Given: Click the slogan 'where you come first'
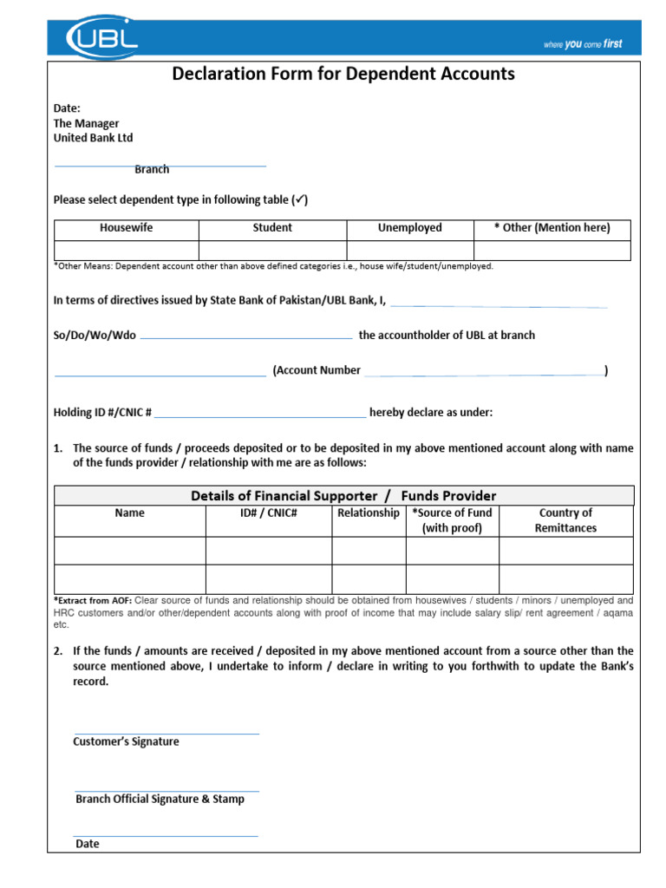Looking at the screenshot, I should click(582, 44).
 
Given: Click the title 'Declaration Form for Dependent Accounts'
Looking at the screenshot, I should click(343, 74).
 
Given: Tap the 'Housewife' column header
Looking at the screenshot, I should click(127, 228).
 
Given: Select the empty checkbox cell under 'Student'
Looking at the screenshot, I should click(272, 250).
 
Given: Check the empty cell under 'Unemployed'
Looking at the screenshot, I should click(409, 250).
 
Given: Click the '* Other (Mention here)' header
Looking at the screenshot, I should click(552, 228).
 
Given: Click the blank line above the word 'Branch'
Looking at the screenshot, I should click(160, 165).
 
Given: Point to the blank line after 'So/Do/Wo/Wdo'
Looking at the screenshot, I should click(245, 337).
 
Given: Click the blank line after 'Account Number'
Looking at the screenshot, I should click(483, 375).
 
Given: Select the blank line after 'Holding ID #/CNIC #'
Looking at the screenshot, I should click(260, 417).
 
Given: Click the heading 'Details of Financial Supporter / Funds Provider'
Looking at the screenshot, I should click(343, 496).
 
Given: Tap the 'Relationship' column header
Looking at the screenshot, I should click(369, 513).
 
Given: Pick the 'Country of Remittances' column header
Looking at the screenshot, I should click(565, 520).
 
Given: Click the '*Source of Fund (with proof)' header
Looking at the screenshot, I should click(452, 520).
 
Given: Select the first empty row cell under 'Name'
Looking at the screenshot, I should click(130, 551).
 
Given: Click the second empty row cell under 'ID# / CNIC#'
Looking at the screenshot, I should click(269, 579).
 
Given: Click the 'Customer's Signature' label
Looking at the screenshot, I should click(126, 742).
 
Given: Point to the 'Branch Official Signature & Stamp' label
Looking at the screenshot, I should click(160, 800).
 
